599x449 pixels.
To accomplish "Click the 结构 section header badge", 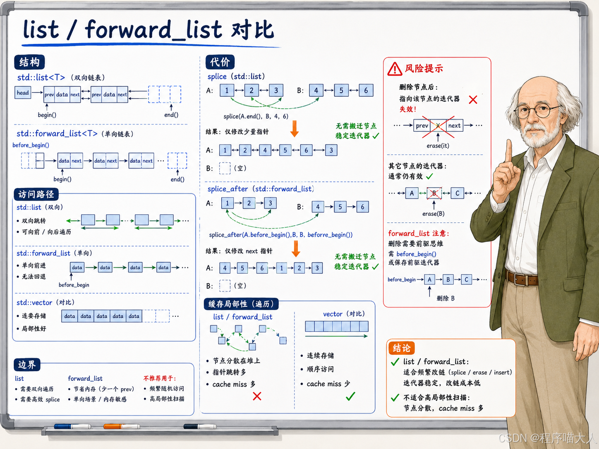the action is (29, 62).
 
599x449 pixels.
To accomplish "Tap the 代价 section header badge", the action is (220, 62).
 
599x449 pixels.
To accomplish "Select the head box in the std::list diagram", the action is (23, 93).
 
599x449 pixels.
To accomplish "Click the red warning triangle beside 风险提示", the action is (395, 69).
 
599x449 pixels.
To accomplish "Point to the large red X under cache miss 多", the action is (257, 396).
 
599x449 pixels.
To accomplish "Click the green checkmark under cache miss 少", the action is (350, 396).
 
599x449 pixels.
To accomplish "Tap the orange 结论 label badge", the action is (401, 348).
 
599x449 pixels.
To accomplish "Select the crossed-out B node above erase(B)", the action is (434, 193).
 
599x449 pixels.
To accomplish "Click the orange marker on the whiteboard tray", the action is (122, 426).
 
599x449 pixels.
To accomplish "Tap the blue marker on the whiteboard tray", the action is (72, 426).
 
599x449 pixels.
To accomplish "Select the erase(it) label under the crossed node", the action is (438, 146).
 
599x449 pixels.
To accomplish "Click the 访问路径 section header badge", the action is (36, 194).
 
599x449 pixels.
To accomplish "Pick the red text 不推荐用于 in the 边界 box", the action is (160, 378).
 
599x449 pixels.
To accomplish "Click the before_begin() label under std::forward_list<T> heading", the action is (31, 145).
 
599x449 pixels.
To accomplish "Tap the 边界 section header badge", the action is (27, 365).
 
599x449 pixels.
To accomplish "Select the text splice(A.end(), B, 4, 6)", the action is (256, 117).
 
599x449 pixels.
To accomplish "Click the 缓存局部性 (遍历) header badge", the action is (241, 304).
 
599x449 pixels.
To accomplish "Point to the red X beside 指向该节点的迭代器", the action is (473, 100).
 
